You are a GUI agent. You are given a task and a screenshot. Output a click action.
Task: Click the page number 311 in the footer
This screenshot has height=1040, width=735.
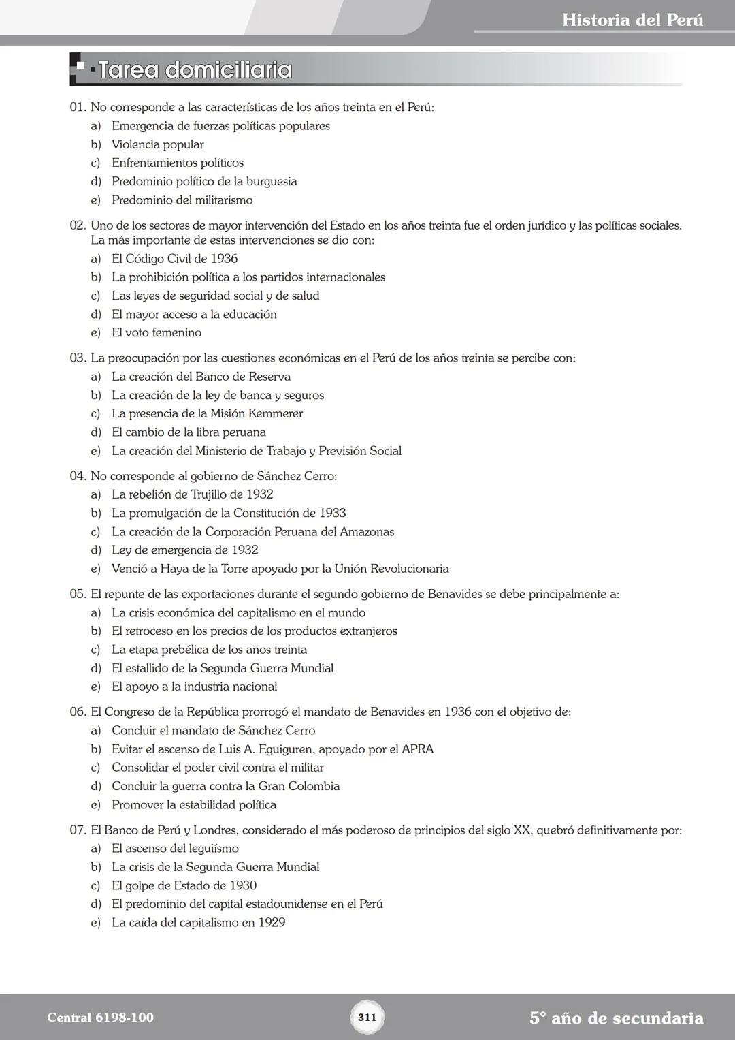click(x=367, y=1018)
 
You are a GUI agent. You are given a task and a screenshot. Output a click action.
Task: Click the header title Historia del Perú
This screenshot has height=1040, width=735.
click(x=632, y=20)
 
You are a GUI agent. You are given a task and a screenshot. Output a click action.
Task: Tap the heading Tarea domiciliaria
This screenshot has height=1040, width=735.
click(x=195, y=70)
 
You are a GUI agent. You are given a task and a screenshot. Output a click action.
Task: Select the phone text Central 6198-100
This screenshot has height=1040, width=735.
click(x=100, y=1018)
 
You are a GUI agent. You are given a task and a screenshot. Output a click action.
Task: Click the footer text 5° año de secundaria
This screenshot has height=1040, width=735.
click(x=616, y=1018)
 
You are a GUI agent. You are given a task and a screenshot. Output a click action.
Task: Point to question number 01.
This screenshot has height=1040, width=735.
click(x=78, y=108)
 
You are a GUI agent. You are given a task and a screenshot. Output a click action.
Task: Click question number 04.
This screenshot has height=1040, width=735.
click(x=78, y=476)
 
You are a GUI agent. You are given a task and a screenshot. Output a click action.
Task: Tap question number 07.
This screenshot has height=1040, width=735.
click(x=78, y=830)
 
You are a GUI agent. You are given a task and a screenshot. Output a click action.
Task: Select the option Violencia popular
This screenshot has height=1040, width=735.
click(x=157, y=144)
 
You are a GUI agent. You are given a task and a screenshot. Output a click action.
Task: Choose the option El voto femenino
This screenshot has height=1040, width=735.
click(x=157, y=333)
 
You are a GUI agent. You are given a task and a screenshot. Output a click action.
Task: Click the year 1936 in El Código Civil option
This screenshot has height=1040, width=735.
click(x=224, y=259)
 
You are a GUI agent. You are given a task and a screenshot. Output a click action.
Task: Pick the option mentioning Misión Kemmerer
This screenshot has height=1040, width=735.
click(x=207, y=413)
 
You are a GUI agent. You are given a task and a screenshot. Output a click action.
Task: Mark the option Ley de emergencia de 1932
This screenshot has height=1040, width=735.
click(x=184, y=550)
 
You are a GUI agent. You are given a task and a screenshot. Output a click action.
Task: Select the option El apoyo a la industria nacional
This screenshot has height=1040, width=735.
click(x=194, y=687)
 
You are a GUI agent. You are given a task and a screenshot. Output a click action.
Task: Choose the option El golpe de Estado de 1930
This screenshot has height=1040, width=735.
click(x=184, y=885)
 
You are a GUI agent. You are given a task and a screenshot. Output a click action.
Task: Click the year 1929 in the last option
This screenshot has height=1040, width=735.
click(x=272, y=923)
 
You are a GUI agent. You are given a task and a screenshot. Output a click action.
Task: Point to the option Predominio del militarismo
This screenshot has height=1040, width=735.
click(x=182, y=200)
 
